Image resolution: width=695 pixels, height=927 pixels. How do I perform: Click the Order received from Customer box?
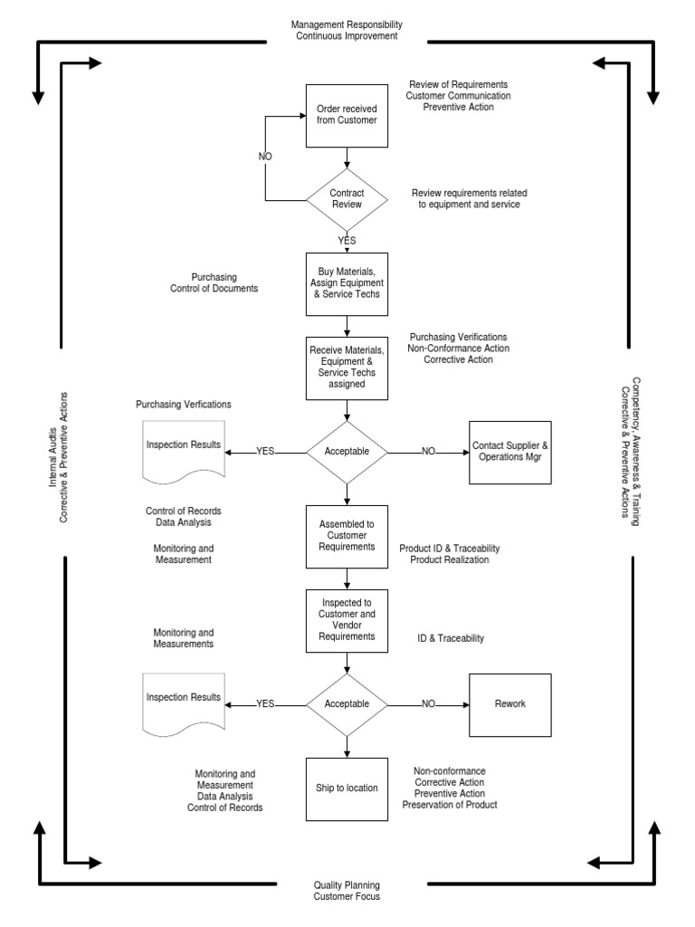point(347,115)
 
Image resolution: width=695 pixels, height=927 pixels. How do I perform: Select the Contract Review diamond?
point(347,199)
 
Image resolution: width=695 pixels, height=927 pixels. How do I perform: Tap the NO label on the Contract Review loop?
point(265,157)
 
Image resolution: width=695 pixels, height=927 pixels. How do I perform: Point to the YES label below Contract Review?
point(347,241)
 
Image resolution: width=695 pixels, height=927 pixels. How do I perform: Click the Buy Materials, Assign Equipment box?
point(347,283)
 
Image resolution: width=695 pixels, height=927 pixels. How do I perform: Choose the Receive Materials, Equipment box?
point(347,367)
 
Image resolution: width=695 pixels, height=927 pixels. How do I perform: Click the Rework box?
point(509,703)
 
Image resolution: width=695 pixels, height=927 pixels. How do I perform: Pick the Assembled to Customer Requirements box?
point(347,536)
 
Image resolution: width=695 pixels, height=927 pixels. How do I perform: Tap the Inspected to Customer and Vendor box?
point(347,619)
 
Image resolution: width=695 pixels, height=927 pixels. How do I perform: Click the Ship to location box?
point(347,788)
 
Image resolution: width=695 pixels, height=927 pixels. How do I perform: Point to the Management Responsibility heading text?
point(347,24)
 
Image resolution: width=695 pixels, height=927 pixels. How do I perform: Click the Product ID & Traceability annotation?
point(449,549)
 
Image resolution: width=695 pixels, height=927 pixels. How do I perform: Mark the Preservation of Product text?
point(449,805)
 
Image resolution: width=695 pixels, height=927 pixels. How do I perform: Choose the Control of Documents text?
point(214,289)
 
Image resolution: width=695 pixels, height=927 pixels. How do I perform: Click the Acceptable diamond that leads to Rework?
point(347,703)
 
